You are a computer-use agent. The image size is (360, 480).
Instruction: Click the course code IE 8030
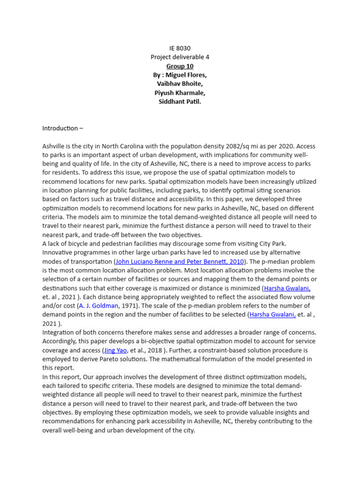[x=180, y=48]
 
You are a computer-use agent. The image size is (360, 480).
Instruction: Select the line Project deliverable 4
[x=180, y=57]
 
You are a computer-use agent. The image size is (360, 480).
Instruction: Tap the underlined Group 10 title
[x=180, y=66]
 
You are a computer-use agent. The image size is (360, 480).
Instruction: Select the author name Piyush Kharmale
[x=180, y=93]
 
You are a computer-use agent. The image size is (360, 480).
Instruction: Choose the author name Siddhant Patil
[x=180, y=102]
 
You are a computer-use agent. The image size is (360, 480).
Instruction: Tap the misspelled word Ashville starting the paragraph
[x=54, y=146]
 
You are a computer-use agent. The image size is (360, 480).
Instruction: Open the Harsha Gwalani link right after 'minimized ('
[x=287, y=288]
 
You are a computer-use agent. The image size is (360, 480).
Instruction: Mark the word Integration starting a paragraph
[x=59, y=332]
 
